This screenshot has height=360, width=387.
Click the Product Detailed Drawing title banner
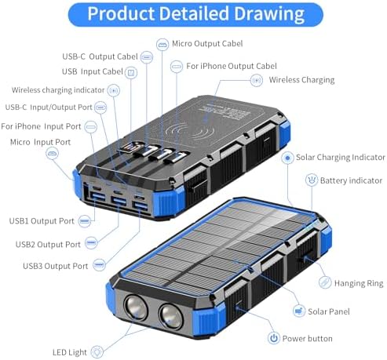click(195, 14)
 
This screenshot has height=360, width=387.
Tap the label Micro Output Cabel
click(207, 43)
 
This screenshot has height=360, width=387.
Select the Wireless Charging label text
click(301, 80)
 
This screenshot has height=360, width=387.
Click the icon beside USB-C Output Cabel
click(147, 57)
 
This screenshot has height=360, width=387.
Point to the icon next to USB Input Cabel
click(131, 72)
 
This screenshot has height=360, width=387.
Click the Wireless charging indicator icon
click(114, 90)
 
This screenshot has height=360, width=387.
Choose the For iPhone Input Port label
click(41, 126)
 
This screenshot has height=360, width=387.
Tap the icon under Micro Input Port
click(52, 153)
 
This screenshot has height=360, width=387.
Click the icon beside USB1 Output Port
click(85, 221)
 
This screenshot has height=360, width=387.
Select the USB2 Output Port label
click(48, 245)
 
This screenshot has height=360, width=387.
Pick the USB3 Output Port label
click(56, 266)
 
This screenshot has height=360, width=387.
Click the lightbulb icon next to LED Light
click(97, 351)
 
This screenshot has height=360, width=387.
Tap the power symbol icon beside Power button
click(274, 338)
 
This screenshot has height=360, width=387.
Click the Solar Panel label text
click(329, 311)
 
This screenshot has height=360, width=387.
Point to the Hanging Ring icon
click(325, 282)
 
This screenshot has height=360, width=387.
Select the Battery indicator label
click(351, 180)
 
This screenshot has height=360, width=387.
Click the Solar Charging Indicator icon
click(287, 158)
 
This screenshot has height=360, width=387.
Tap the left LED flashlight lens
click(136, 307)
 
